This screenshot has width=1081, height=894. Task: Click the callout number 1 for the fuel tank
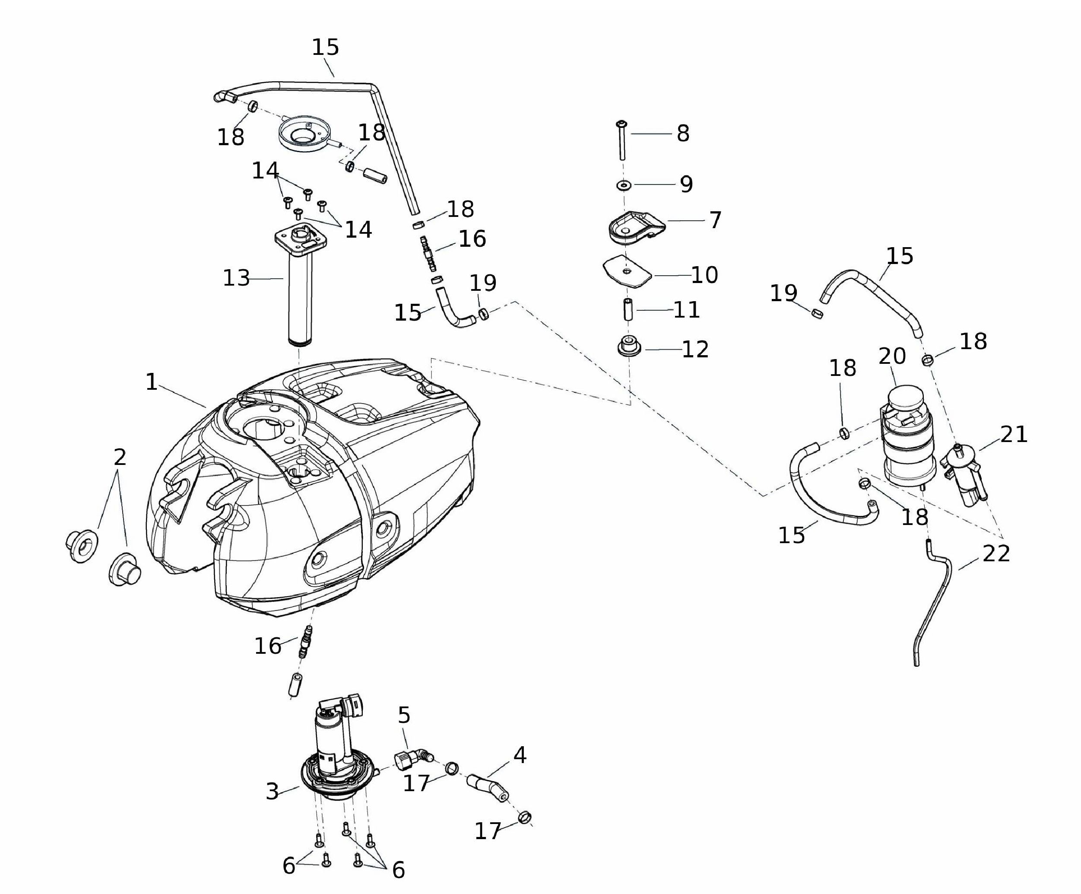click(151, 382)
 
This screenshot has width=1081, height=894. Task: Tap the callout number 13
click(236, 279)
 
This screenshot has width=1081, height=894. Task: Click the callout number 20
click(892, 356)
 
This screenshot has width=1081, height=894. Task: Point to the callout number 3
click(272, 792)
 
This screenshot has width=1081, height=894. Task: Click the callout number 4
click(520, 755)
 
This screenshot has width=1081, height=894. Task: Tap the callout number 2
click(120, 457)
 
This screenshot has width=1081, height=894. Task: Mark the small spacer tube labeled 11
click(628, 310)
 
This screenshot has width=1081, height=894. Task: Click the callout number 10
click(704, 275)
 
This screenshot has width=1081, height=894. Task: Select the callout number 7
click(715, 220)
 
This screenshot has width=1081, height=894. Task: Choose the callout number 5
click(404, 715)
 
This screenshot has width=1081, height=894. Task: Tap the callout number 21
click(1014, 434)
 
